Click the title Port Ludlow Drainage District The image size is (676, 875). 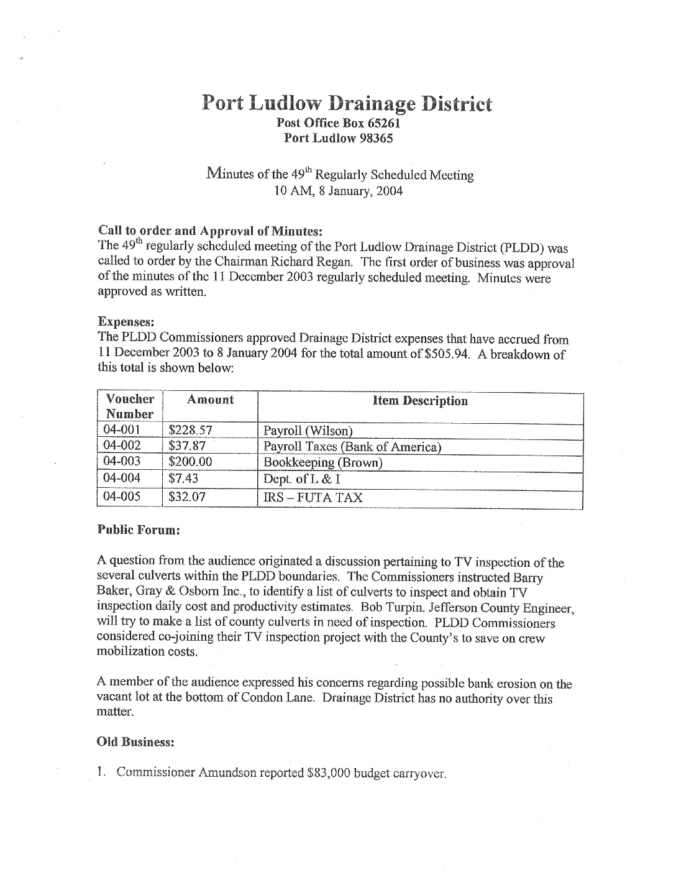[347, 103]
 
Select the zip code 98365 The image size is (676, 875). [376, 138]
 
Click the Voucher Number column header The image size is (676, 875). [130, 406]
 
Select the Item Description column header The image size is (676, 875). [420, 401]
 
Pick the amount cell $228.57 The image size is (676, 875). [191, 430]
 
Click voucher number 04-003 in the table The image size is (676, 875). [122, 461]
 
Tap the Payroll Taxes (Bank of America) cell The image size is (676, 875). [352, 446]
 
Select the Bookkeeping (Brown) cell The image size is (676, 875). [323, 462]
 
